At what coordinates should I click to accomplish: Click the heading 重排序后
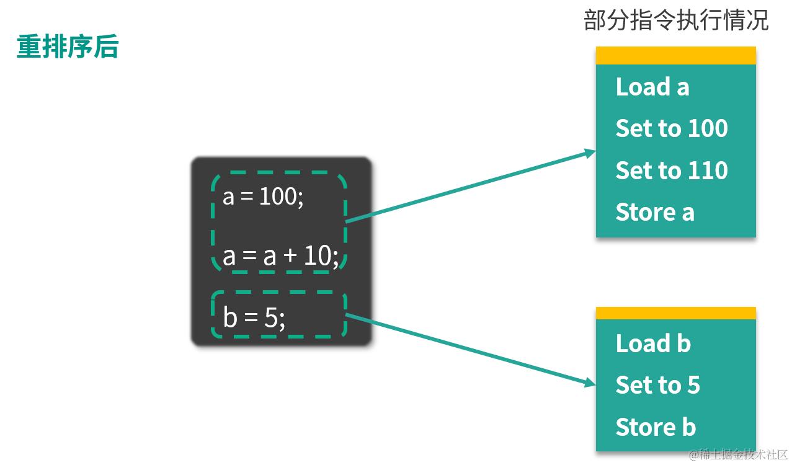(x=67, y=47)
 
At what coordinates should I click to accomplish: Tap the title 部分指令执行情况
(x=676, y=21)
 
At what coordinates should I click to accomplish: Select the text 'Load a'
(x=652, y=87)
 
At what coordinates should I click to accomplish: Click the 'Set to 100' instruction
(x=671, y=129)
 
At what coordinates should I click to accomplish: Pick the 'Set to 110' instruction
(x=671, y=170)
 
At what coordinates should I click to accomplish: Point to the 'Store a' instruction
(x=654, y=213)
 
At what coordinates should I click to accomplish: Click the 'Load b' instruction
(x=652, y=343)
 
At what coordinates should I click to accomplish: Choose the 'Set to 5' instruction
(x=657, y=386)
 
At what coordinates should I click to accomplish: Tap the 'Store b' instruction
(x=656, y=427)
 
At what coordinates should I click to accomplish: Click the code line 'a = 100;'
(x=263, y=197)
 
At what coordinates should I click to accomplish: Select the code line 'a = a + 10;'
(x=280, y=255)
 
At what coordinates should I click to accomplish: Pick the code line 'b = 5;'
(x=254, y=318)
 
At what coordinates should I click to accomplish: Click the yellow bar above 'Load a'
(x=675, y=56)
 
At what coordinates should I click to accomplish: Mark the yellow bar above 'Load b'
(x=675, y=313)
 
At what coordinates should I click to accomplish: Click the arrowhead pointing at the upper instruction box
(x=590, y=153)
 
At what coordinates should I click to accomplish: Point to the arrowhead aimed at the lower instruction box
(x=590, y=384)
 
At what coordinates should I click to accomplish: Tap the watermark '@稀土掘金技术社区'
(x=738, y=454)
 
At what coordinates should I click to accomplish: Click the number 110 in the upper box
(x=708, y=170)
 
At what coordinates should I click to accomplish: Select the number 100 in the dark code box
(x=278, y=197)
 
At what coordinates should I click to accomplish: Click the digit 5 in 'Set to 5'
(x=693, y=386)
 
